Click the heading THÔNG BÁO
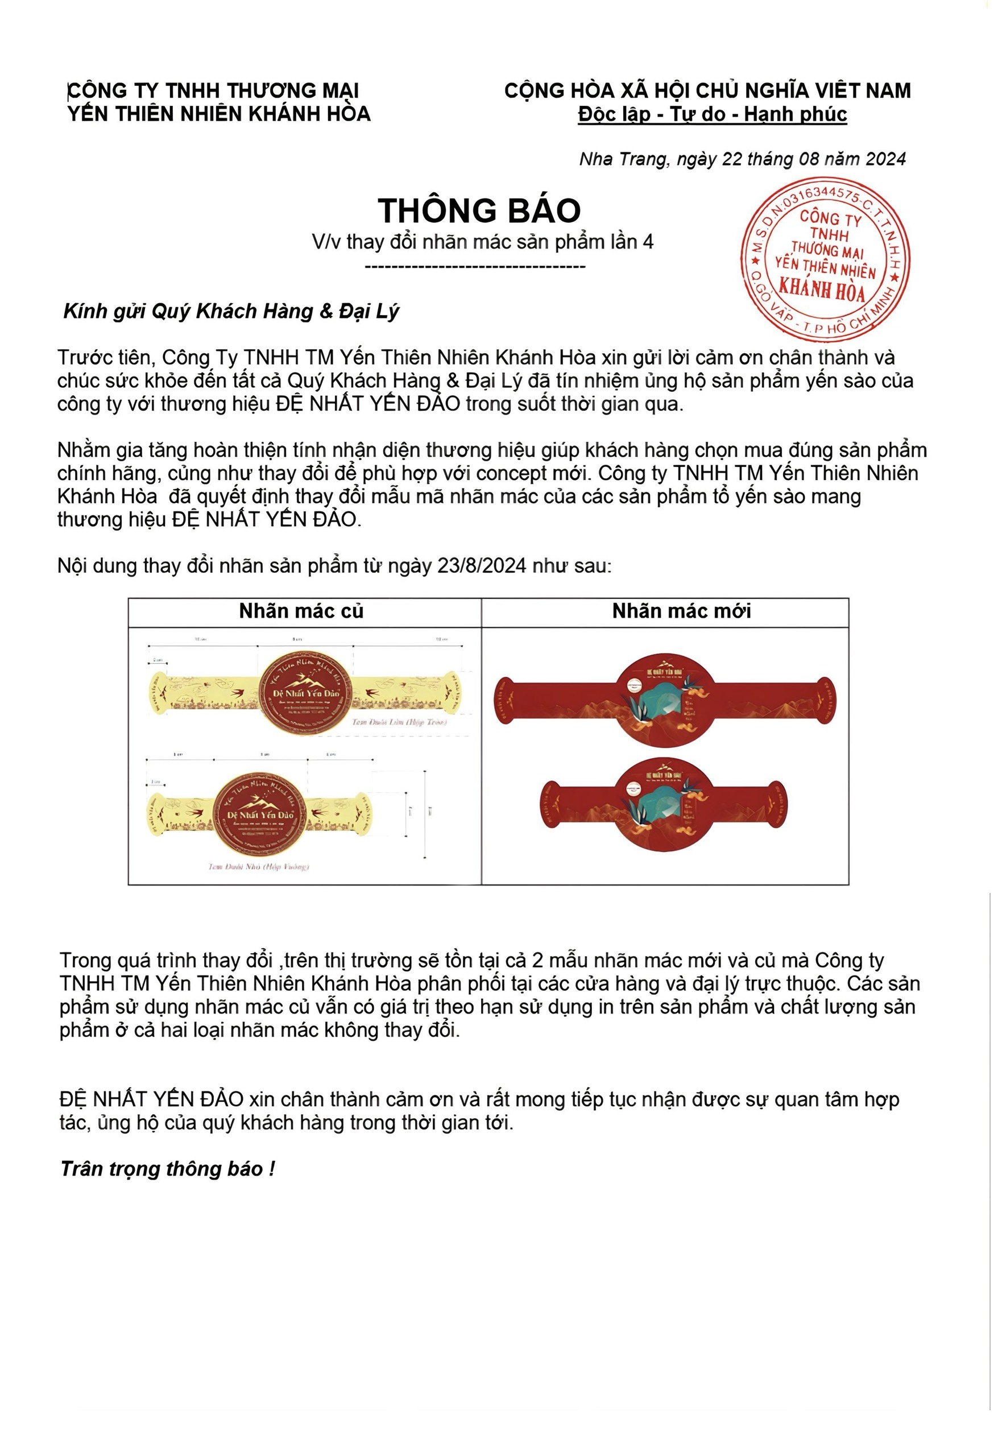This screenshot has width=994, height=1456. pyautogui.click(x=479, y=210)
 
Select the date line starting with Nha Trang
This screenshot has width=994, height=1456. pyautogui.click(x=742, y=159)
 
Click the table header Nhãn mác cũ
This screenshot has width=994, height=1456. pyautogui.click(x=301, y=611)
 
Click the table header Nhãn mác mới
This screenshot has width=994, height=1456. pyautogui.click(x=681, y=611)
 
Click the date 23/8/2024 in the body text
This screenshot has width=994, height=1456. pyautogui.click(x=482, y=566)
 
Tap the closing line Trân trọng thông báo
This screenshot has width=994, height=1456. pyautogui.click(x=167, y=1168)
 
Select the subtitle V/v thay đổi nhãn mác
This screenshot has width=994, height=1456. pyautogui.click(x=482, y=242)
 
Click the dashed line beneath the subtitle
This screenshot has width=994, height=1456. pyautogui.click(x=475, y=267)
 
